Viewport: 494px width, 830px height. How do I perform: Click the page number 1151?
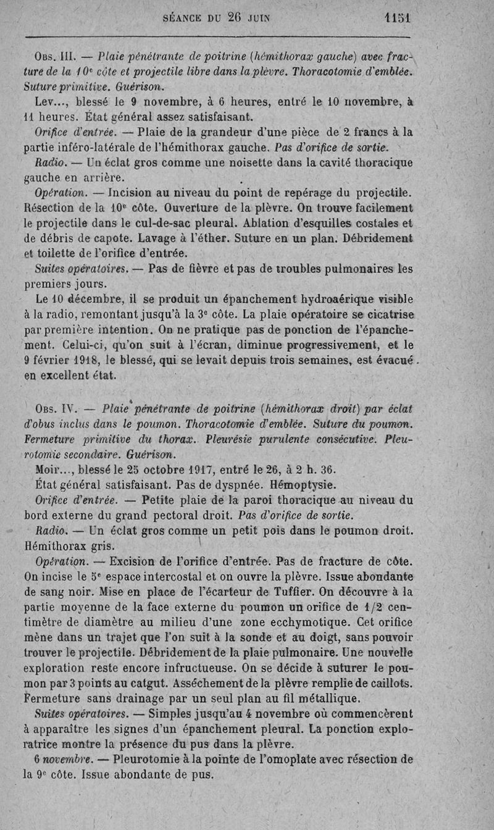pos(396,19)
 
